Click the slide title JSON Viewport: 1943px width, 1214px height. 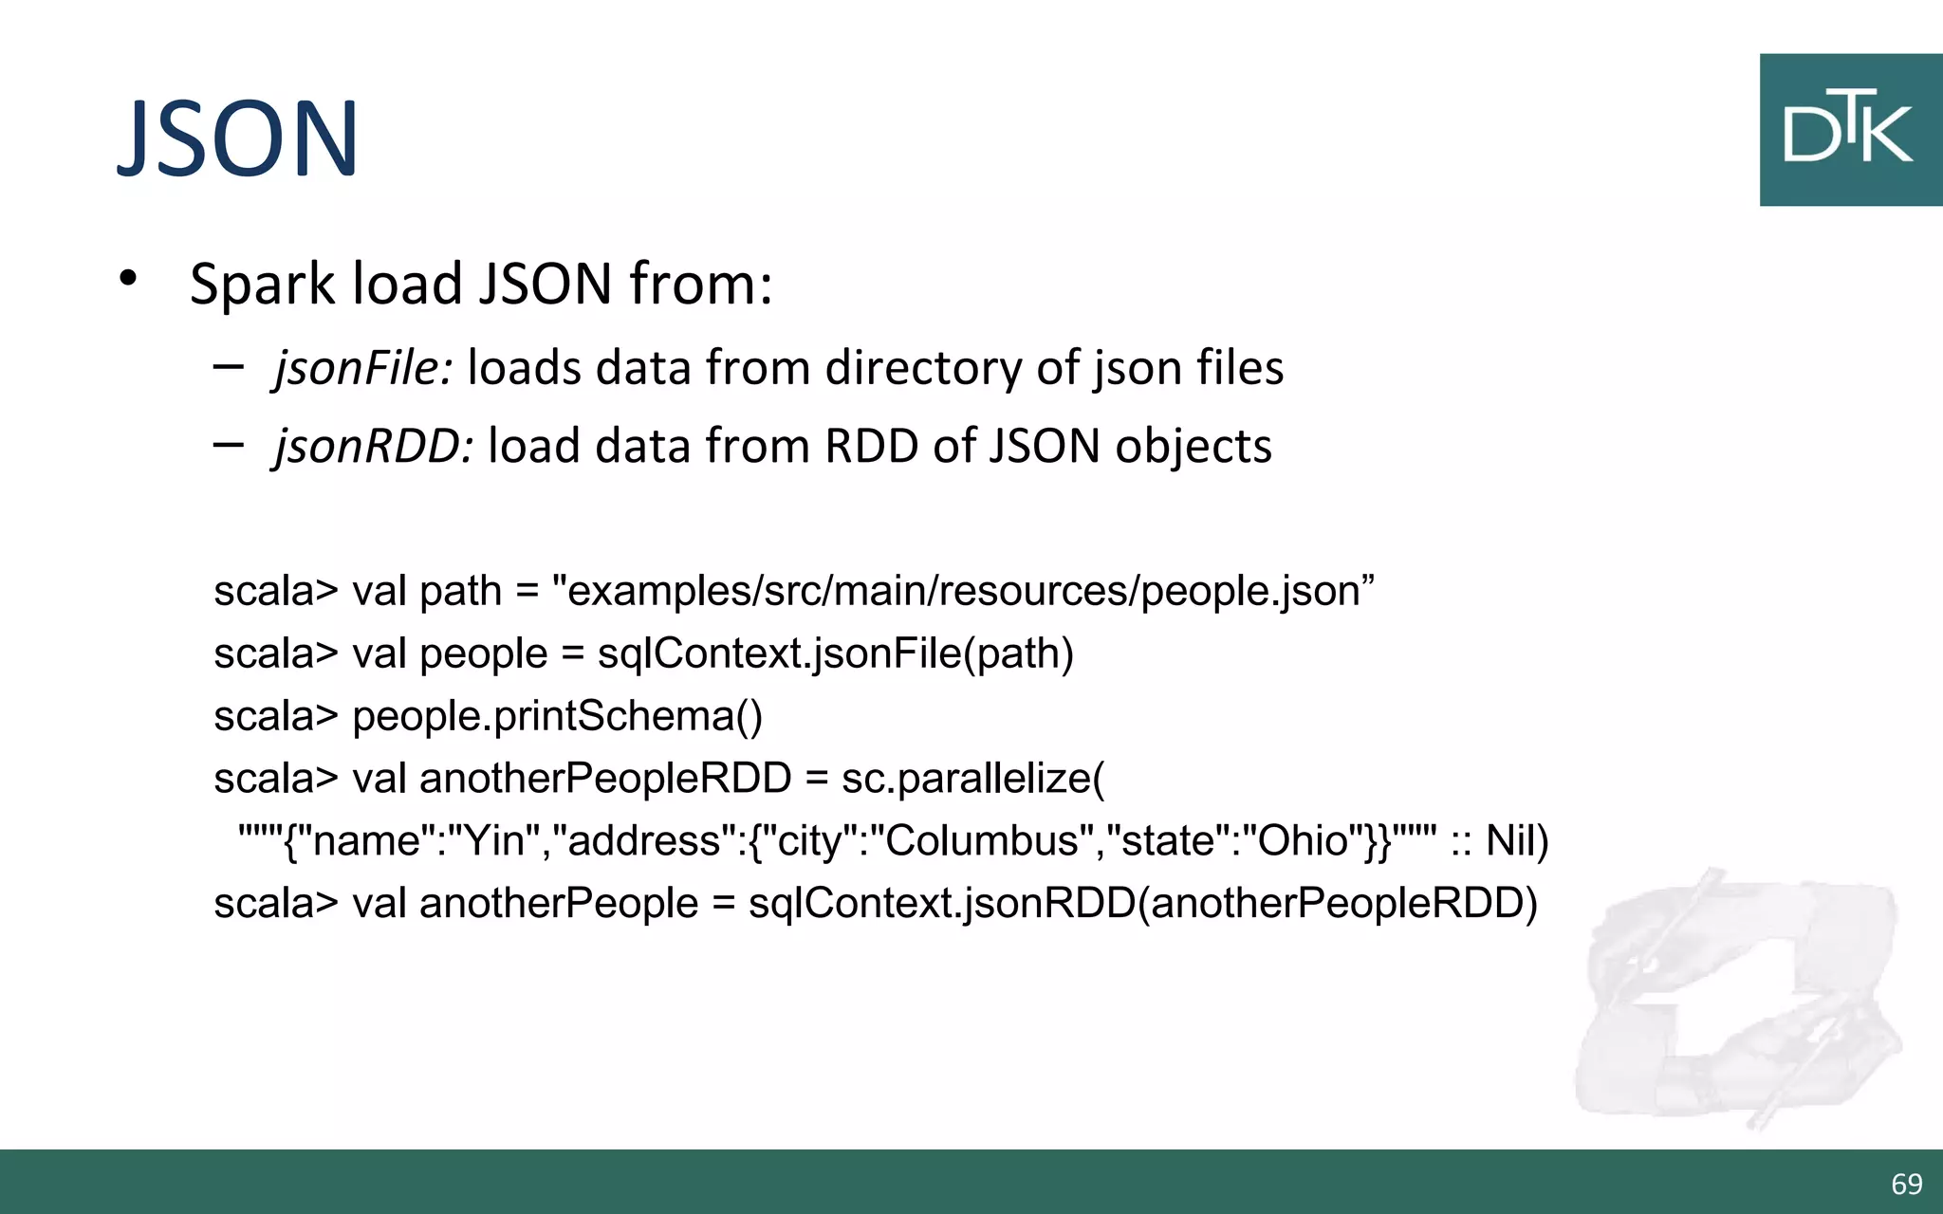point(237,138)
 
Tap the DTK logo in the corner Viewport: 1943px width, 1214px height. point(1849,129)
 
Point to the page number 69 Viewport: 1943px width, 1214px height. point(1906,1184)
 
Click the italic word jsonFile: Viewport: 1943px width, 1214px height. point(363,368)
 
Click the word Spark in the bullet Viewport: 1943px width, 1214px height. point(263,284)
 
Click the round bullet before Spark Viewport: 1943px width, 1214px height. point(128,279)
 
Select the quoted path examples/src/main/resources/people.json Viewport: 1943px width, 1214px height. point(962,591)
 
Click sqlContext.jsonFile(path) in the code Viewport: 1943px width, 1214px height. point(835,653)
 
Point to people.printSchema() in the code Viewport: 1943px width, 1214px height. point(557,716)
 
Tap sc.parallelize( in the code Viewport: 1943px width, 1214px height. point(972,779)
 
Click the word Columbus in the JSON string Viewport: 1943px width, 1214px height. point(981,841)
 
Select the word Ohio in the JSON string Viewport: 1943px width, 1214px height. point(1302,841)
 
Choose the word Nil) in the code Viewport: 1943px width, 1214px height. point(1516,841)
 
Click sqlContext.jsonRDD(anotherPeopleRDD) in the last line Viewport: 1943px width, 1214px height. point(1142,903)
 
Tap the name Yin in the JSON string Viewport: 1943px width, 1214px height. point(493,841)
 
